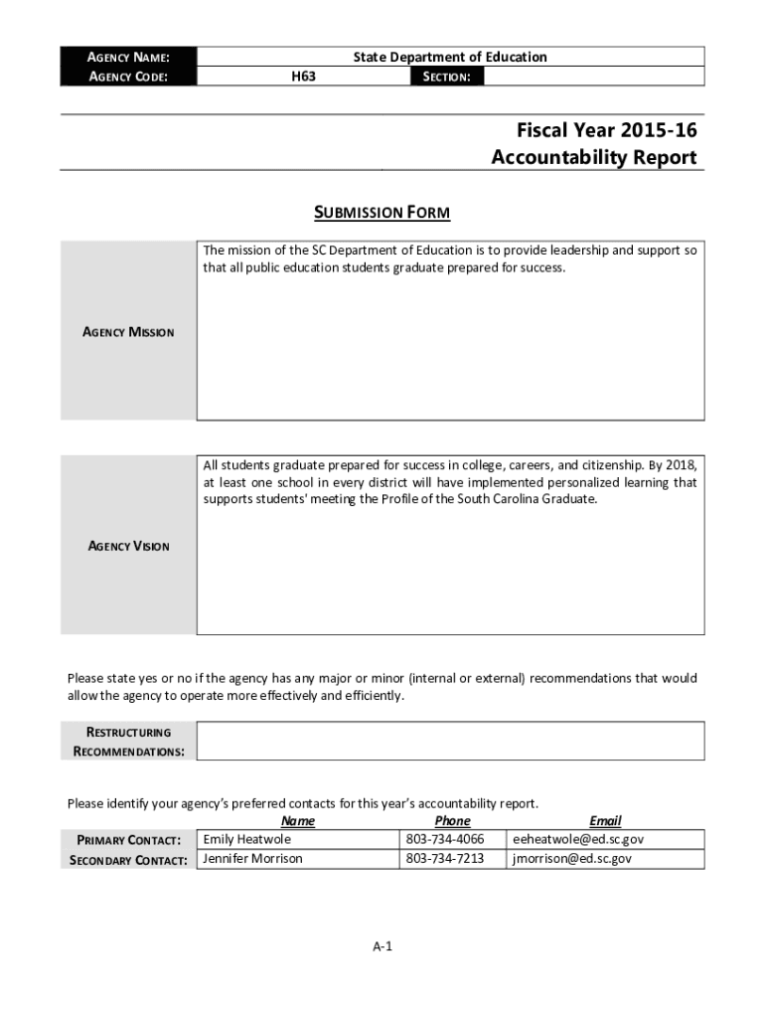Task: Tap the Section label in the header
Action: (x=446, y=76)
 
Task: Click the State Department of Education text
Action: (x=450, y=57)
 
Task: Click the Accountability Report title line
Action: (x=593, y=158)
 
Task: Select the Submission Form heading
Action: (x=382, y=213)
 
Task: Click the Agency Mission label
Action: (x=128, y=332)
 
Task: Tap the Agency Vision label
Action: (x=129, y=546)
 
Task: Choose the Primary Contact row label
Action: (x=128, y=840)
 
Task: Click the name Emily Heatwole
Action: (x=247, y=839)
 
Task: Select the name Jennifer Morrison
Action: (x=252, y=858)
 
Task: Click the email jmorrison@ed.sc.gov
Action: (x=571, y=858)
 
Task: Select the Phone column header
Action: (x=452, y=821)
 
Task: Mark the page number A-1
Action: (x=382, y=946)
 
